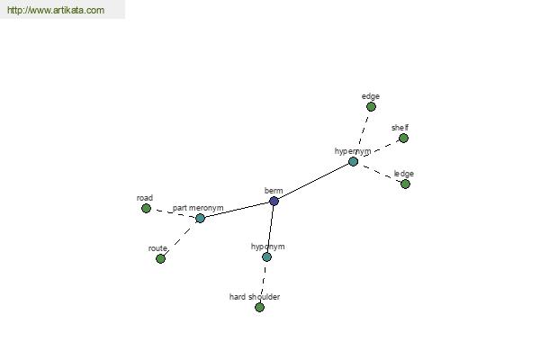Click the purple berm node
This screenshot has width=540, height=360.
point(274,202)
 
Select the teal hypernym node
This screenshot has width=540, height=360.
point(353,162)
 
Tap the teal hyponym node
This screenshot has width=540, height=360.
point(266,257)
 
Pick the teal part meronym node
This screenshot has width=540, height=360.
point(200,218)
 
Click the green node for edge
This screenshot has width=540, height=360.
point(371,107)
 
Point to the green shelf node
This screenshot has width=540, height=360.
point(403,139)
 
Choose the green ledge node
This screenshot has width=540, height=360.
point(405,184)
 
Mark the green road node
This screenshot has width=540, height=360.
point(146,209)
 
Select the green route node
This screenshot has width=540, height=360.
point(160,258)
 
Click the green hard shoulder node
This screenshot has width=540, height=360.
point(260,307)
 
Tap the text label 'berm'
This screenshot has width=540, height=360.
point(274,191)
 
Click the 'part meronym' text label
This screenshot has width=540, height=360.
point(198,208)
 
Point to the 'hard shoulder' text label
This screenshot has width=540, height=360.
point(255,297)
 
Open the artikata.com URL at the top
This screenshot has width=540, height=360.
point(56,10)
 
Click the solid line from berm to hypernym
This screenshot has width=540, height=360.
point(313,182)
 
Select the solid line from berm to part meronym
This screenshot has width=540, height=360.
point(237,210)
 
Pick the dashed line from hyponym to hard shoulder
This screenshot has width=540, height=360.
point(263,282)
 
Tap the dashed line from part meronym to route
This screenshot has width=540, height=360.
point(180,238)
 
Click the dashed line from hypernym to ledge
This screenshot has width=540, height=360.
point(379,173)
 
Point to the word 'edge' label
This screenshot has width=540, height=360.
point(371,96)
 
